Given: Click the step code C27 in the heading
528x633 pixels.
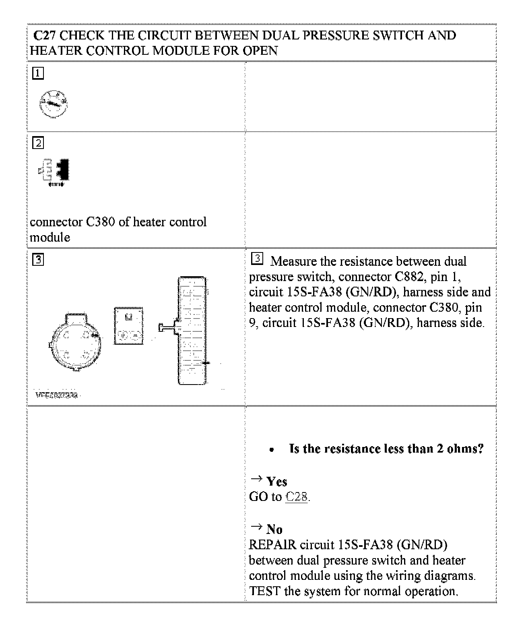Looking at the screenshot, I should coord(45,35).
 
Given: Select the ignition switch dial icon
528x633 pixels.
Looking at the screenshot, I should coord(54,104).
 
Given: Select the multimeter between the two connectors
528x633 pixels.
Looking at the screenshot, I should coord(129,325).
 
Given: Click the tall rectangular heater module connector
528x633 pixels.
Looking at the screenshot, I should coord(192,330).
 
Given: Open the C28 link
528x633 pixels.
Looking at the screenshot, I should coord(296,497).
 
